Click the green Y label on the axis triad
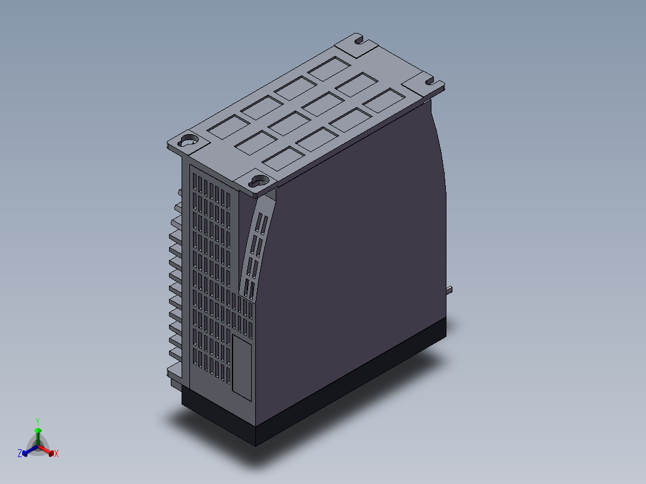tap(38, 421)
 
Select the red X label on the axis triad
tap(56, 454)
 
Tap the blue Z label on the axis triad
tap(20, 454)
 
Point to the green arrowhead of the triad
tap(38, 431)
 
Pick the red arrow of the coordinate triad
tap(48, 450)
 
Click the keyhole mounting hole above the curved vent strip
tap(259, 179)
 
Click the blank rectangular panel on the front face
tap(242, 367)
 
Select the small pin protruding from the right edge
tap(449, 290)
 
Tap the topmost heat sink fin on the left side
tap(179, 193)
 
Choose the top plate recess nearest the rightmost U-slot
tap(384, 99)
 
